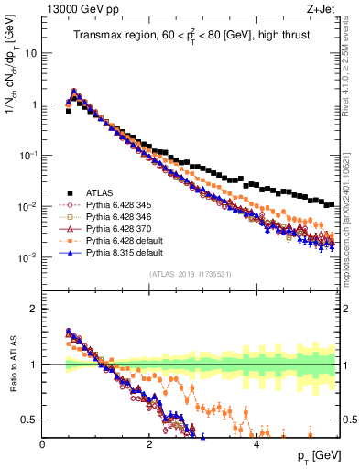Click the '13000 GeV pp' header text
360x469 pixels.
pos(77,10)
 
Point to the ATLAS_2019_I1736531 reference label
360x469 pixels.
pos(190,275)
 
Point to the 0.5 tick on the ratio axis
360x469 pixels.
pos(31,420)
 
